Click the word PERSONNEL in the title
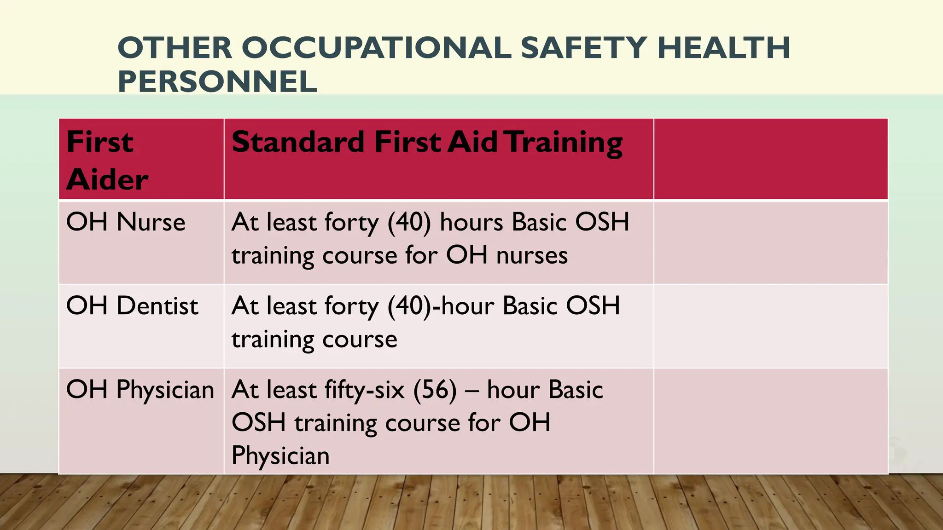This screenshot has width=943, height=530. click(x=217, y=82)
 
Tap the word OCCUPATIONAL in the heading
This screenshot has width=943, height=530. click(x=376, y=48)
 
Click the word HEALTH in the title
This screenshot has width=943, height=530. click(x=724, y=48)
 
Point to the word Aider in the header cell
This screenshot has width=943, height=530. click(x=108, y=179)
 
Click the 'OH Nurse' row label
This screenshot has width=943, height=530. click(x=126, y=222)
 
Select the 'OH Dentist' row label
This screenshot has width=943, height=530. click(x=132, y=306)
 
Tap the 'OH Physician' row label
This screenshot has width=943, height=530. click(x=140, y=390)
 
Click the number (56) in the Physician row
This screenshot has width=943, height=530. click(x=435, y=390)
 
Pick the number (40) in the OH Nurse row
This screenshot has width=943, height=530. click(x=409, y=222)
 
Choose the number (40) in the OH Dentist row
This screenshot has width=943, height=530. click(x=409, y=306)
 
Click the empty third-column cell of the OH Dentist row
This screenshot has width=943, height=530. click(x=770, y=326)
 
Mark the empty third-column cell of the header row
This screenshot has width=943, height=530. click(x=770, y=159)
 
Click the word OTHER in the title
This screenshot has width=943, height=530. click(x=175, y=48)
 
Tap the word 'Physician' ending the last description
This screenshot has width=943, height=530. click(x=280, y=456)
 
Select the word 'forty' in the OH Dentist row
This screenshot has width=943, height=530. click(x=351, y=306)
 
